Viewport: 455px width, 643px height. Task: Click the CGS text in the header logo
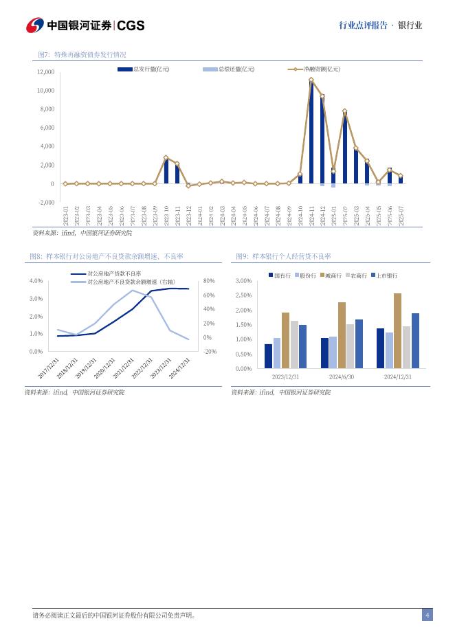131,25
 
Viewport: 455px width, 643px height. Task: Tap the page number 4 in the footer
427,616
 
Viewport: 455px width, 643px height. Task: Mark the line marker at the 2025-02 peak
344,111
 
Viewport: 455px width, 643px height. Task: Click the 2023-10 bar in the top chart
166,170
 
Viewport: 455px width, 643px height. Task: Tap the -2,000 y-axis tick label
45,203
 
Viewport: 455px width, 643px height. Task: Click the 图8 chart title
106,256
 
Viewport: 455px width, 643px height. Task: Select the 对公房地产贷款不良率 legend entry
114,273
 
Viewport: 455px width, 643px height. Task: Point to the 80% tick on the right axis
210,281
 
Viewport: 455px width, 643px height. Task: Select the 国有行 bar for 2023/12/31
268,357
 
